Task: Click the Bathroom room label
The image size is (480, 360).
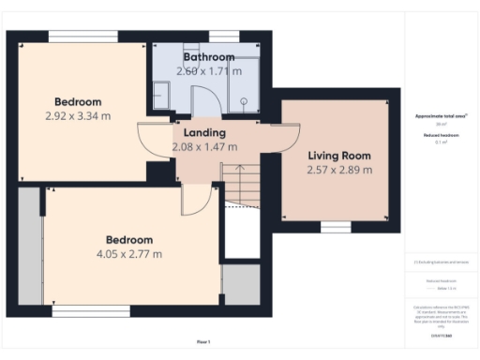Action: (208, 57)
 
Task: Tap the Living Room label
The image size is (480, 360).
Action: (339, 156)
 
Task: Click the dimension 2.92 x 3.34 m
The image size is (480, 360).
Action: (78, 116)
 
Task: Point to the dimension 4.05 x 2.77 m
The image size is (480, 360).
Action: (129, 254)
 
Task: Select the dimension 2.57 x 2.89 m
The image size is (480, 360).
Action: (339, 171)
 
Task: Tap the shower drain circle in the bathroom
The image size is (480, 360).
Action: (245, 102)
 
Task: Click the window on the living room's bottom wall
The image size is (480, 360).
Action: (335, 226)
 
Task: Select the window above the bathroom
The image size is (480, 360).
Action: (223, 36)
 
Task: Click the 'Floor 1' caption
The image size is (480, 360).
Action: (203, 341)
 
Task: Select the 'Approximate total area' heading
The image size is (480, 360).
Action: (441, 116)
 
